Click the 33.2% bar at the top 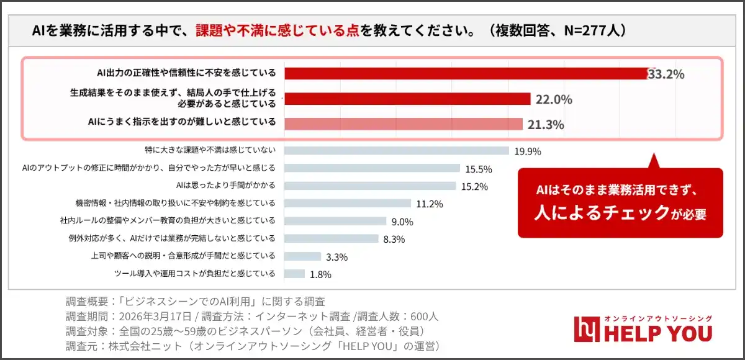466,74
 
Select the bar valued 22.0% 407,99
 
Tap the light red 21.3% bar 404,124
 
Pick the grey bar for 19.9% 396,150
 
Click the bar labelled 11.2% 348,203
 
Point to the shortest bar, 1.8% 294,274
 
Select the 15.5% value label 478,168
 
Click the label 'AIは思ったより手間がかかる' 226,186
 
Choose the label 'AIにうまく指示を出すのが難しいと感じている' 182,122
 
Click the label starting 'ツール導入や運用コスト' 195,273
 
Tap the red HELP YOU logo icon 585,329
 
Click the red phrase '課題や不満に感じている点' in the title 278,30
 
